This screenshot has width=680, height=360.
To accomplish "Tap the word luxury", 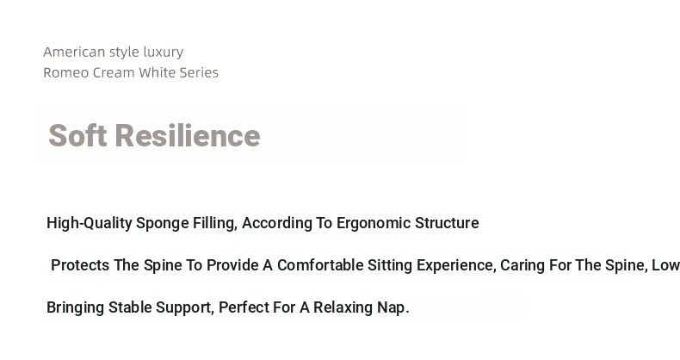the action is tap(164, 53).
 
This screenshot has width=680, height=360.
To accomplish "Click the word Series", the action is tap(199, 72).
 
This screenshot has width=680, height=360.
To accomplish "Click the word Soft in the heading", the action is tap(78, 136).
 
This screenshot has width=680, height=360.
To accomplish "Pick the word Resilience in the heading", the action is tap(188, 136).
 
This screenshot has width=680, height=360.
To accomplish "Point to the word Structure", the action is tap(447, 223).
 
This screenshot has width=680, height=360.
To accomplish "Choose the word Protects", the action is tap(80, 265).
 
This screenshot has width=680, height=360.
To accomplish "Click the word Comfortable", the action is tap(320, 265).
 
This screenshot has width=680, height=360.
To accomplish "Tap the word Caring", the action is tap(522, 265).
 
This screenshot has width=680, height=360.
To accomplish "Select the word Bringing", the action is tap(76, 307).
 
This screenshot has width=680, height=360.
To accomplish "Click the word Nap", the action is tap(393, 308).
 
